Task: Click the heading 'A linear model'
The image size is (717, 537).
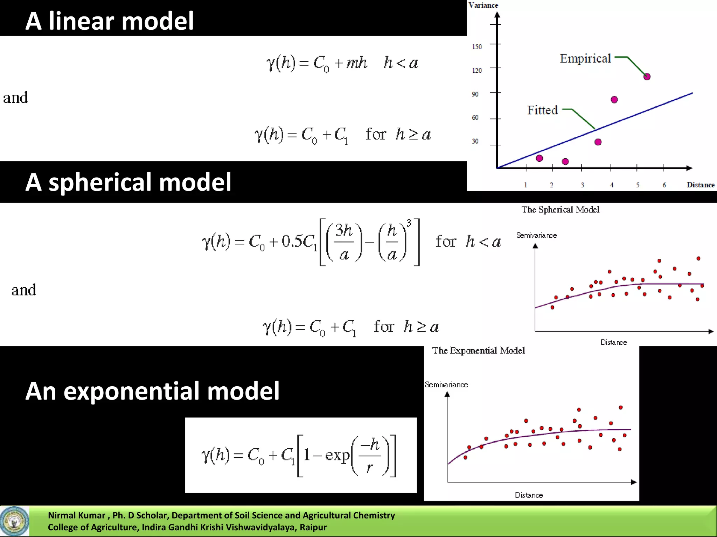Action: pyautogui.click(x=109, y=21)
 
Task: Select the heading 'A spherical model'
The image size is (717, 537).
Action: pyautogui.click(x=128, y=182)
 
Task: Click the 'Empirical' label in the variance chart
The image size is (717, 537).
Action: pyautogui.click(x=585, y=58)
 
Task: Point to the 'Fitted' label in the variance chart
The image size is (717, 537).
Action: pyautogui.click(x=542, y=110)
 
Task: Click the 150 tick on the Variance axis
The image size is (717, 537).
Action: pyautogui.click(x=477, y=47)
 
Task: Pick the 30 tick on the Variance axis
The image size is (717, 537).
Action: pyautogui.click(x=475, y=141)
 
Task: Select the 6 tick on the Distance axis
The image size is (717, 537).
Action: pyautogui.click(x=664, y=185)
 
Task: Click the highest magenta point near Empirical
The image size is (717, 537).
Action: pyautogui.click(x=647, y=77)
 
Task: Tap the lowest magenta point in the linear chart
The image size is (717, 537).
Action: pyautogui.click(x=565, y=162)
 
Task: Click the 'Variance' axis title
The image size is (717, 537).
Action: pyautogui.click(x=483, y=5)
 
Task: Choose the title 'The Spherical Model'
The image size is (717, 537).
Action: pyautogui.click(x=560, y=209)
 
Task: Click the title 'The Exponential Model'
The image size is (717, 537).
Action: pyautogui.click(x=478, y=350)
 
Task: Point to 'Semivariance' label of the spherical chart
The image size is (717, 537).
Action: pyautogui.click(x=536, y=235)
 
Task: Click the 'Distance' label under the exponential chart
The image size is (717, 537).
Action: pyautogui.click(x=529, y=495)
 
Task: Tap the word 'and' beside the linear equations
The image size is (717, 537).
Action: pyautogui.click(x=15, y=98)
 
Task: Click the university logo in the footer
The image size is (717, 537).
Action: pyautogui.click(x=14, y=521)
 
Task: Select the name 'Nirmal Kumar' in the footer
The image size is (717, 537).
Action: pyautogui.click(x=76, y=515)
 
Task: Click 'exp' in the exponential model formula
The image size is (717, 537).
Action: pyautogui.click(x=337, y=455)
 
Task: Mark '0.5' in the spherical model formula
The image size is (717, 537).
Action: pyautogui.click(x=292, y=241)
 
